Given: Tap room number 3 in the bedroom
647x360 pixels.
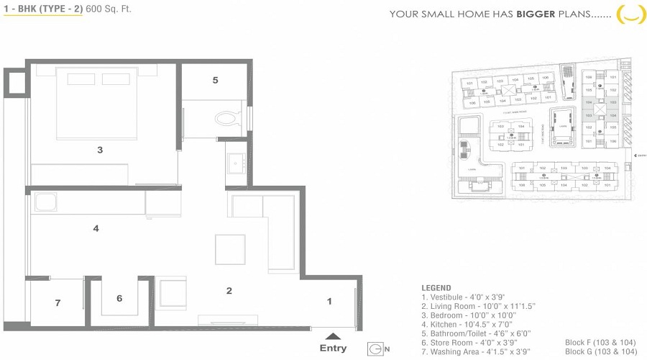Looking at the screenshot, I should (x=100, y=150).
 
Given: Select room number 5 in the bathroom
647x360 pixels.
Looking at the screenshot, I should (x=215, y=80).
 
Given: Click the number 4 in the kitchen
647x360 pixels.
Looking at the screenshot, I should (x=96, y=228).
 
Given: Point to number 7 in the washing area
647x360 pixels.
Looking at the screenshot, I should (x=58, y=303).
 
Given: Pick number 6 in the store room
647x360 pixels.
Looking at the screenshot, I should (x=119, y=298).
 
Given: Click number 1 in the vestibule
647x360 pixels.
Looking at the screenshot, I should (x=329, y=301).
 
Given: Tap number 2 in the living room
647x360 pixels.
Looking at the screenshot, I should (x=229, y=291).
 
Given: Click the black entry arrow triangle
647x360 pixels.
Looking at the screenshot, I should (x=331, y=335).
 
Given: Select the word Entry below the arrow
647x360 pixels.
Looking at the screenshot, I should (x=333, y=348).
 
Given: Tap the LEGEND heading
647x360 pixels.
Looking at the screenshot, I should (x=436, y=288).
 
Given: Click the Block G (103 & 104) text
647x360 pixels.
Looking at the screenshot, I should (x=600, y=351).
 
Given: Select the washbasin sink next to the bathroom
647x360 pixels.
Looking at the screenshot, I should (x=235, y=163).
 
